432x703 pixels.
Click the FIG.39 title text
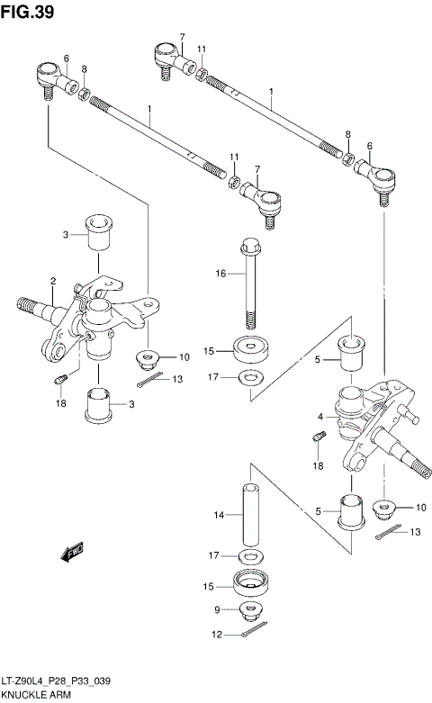27,11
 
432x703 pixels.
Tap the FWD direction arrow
72,552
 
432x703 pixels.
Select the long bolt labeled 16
249,284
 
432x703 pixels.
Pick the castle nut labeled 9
250,611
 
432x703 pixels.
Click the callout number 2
53,281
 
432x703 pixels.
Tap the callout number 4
320,417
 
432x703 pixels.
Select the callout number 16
220,273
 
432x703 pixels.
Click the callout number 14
219,515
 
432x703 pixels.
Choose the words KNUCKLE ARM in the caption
36,695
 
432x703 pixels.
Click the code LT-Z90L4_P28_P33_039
56,681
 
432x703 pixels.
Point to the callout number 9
217,609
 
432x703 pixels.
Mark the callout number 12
217,635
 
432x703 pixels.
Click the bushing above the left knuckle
99,232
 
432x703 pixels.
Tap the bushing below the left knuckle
99,405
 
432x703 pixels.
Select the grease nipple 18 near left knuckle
60,379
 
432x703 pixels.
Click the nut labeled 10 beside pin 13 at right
383,509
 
